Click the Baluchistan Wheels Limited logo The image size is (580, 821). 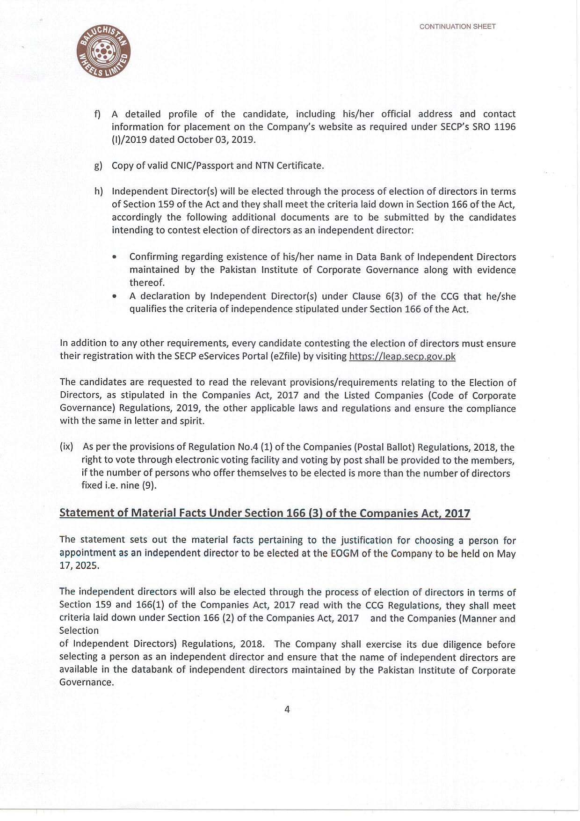pos(103,52)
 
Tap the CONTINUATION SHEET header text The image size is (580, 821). pos(457,27)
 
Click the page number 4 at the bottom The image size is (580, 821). pos(287,709)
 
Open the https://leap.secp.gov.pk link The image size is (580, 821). pos(402,356)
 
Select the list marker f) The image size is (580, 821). pos(97,114)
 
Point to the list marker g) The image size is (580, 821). pos(98,166)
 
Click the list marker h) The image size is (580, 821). pos(98,191)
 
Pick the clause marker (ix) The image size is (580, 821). pos(66,447)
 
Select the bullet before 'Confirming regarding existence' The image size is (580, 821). pos(115,257)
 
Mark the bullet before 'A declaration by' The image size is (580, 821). pos(115,296)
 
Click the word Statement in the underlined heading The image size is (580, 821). pos(87,513)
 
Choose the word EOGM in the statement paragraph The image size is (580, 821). pos(345,553)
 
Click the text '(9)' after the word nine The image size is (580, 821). pos(149,485)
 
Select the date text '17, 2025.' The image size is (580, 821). pos(79,565)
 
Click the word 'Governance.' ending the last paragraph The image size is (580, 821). pos(87,682)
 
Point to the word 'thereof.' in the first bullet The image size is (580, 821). pos(147,283)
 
